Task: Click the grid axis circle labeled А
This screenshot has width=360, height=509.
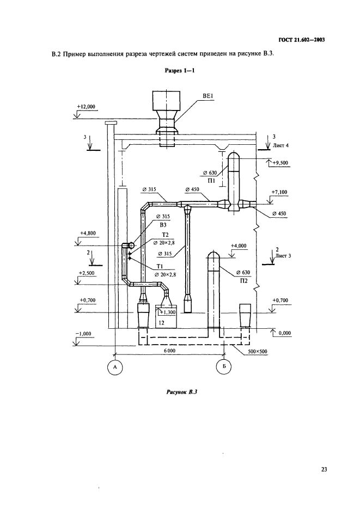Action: click(114, 368)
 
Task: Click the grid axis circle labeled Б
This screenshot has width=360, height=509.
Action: click(223, 368)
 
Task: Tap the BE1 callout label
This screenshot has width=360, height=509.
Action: click(207, 97)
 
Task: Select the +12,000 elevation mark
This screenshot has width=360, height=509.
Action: click(86, 107)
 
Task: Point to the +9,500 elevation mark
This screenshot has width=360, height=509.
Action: click(281, 162)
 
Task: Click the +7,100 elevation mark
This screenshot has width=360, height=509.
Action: click(279, 192)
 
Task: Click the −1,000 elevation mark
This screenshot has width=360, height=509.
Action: click(84, 333)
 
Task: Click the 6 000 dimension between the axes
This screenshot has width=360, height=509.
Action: click(169, 352)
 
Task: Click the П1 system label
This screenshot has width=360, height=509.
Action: click(212, 180)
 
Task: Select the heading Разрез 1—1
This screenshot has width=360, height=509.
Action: click(180, 70)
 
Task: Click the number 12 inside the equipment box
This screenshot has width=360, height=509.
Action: click(161, 323)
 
